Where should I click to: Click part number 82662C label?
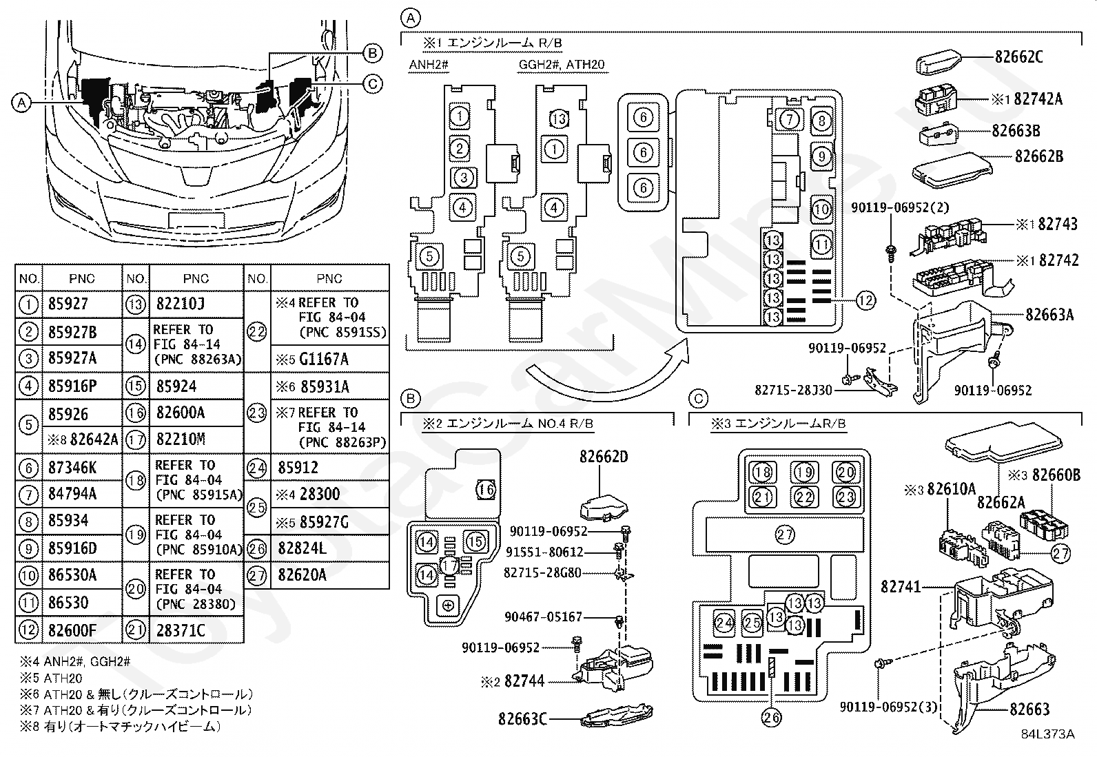[1018, 57]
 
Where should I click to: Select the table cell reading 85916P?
[82, 386]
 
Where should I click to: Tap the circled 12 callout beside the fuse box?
[865, 300]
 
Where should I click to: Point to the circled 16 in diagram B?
[486, 489]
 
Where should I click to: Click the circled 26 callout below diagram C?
[771, 717]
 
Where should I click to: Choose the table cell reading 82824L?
[330, 548]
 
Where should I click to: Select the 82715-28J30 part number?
[793, 390]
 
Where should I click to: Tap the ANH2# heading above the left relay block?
[429, 65]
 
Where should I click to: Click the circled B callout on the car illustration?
[372, 53]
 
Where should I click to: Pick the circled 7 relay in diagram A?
[790, 119]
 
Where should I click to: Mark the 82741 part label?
[901, 586]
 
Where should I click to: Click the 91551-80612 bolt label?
[544, 552]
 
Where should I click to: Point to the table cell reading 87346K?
[82, 467]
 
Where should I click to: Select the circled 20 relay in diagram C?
[845, 473]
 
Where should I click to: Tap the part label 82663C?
[522, 719]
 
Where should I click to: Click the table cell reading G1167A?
[330, 359]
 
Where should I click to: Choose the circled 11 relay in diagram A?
[821, 244]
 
